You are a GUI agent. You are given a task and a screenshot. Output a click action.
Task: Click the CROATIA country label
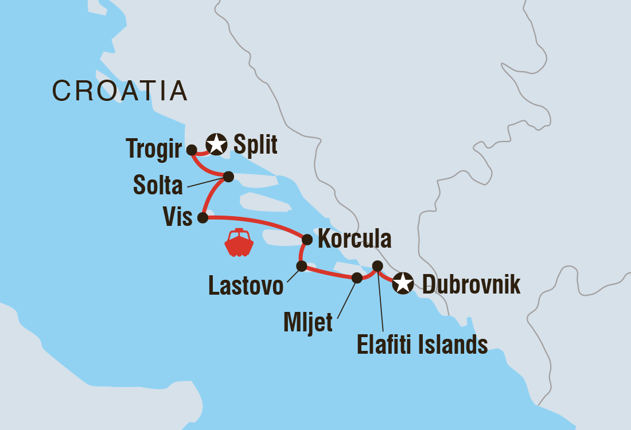coord(120,91)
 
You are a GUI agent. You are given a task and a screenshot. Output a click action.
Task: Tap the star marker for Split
coord(216,144)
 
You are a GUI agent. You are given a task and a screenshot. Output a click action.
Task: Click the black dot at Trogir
coord(192,150)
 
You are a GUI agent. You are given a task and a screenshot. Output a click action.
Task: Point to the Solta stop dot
coord(228,177)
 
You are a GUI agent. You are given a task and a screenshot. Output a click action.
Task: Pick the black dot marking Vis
coord(202,218)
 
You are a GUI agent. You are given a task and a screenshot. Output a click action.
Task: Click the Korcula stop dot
coord(307,240)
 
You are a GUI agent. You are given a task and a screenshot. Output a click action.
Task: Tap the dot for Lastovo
coord(301,266)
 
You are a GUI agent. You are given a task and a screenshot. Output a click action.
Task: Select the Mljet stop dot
coord(357,278)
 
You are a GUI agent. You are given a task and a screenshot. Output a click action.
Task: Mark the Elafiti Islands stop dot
coord(377,265)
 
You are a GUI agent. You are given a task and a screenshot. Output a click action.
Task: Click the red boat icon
coord(239,243)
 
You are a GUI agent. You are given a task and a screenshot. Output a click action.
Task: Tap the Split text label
coord(255,145)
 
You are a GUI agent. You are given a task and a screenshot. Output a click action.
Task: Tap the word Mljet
coord(307,323)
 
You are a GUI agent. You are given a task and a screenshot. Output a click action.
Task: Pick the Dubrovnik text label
coord(471,284)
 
